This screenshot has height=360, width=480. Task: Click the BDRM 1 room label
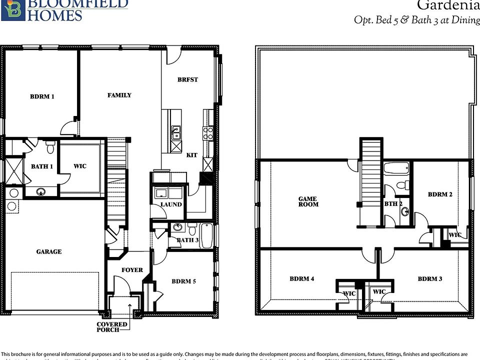(x=42, y=96)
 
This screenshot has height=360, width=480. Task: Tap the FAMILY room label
(x=119, y=95)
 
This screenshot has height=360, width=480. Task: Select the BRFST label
(x=187, y=79)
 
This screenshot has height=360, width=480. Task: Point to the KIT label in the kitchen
(x=191, y=155)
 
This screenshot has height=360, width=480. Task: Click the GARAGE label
(x=48, y=251)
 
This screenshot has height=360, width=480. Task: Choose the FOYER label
(x=132, y=270)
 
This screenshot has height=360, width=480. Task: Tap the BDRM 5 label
(x=183, y=281)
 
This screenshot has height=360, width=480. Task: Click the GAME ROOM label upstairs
(x=308, y=201)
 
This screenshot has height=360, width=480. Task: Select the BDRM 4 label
(x=301, y=279)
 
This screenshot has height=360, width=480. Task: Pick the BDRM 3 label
(x=430, y=279)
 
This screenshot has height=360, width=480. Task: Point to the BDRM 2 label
(x=440, y=194)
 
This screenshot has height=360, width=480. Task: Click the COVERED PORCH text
(x=112, y=327)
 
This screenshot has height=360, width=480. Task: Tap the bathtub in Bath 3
(x=206, y=235)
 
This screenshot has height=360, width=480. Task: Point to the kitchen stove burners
(x=207, y=133)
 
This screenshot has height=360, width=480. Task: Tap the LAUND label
(x=171, y=204)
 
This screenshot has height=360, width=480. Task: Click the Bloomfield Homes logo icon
(x=12, y=9)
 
